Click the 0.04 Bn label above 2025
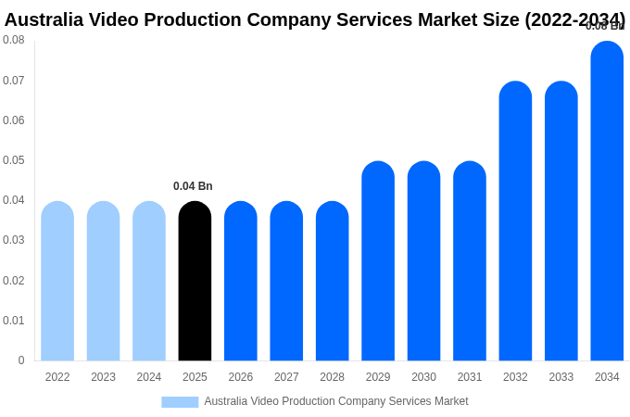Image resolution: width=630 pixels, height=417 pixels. (193, 186)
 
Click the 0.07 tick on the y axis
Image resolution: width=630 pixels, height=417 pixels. (14, 81)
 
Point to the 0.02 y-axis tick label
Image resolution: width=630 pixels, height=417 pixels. (14, 281)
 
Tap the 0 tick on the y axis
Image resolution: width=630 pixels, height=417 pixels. (21, 360)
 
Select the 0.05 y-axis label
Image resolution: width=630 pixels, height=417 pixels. (14, 160)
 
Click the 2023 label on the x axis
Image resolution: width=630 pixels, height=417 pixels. (103, 377)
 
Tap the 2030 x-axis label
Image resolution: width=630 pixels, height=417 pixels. (423, 377)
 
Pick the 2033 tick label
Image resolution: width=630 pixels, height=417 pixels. (561, 377)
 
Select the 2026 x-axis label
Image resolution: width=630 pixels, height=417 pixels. (241, 377)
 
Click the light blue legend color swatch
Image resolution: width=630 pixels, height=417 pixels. (180, 402)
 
